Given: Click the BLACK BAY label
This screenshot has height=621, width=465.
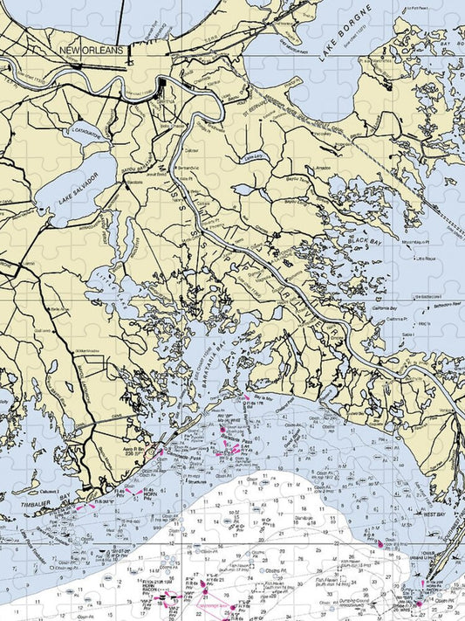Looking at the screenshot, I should click(x=360, y=240).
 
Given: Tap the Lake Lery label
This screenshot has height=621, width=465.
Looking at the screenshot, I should click(x=253, y=157).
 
